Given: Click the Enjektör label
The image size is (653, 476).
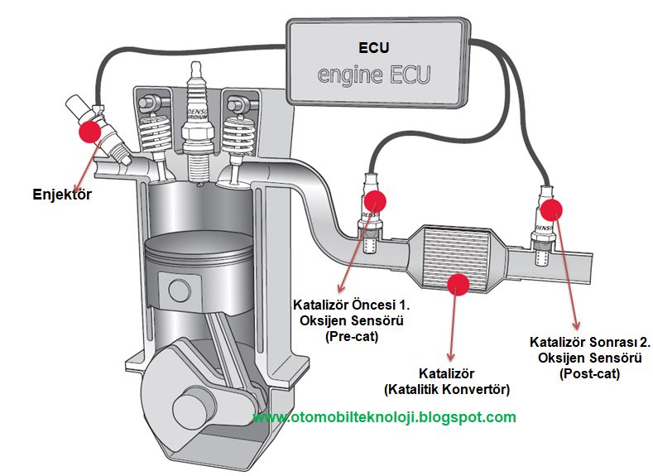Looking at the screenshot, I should (62, 195).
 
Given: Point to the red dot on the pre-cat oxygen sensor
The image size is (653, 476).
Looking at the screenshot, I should (376, 201).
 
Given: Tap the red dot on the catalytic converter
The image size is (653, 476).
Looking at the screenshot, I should (458, 283).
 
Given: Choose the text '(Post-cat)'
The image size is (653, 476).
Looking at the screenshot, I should (589, 373).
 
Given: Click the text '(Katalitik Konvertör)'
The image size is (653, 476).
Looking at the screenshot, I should (447, 388).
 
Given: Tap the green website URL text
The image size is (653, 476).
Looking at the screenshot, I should (384, 416).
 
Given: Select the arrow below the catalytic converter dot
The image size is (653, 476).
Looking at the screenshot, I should (452, 328).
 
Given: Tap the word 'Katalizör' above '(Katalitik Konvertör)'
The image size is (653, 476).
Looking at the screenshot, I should (447, 373).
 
